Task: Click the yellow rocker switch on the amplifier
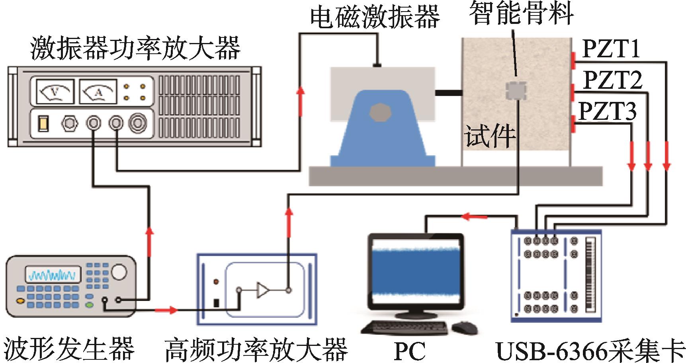click(x=43, y=124)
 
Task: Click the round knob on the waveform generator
click(x=119, y=272)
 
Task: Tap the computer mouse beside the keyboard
click(x=465, y=328)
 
